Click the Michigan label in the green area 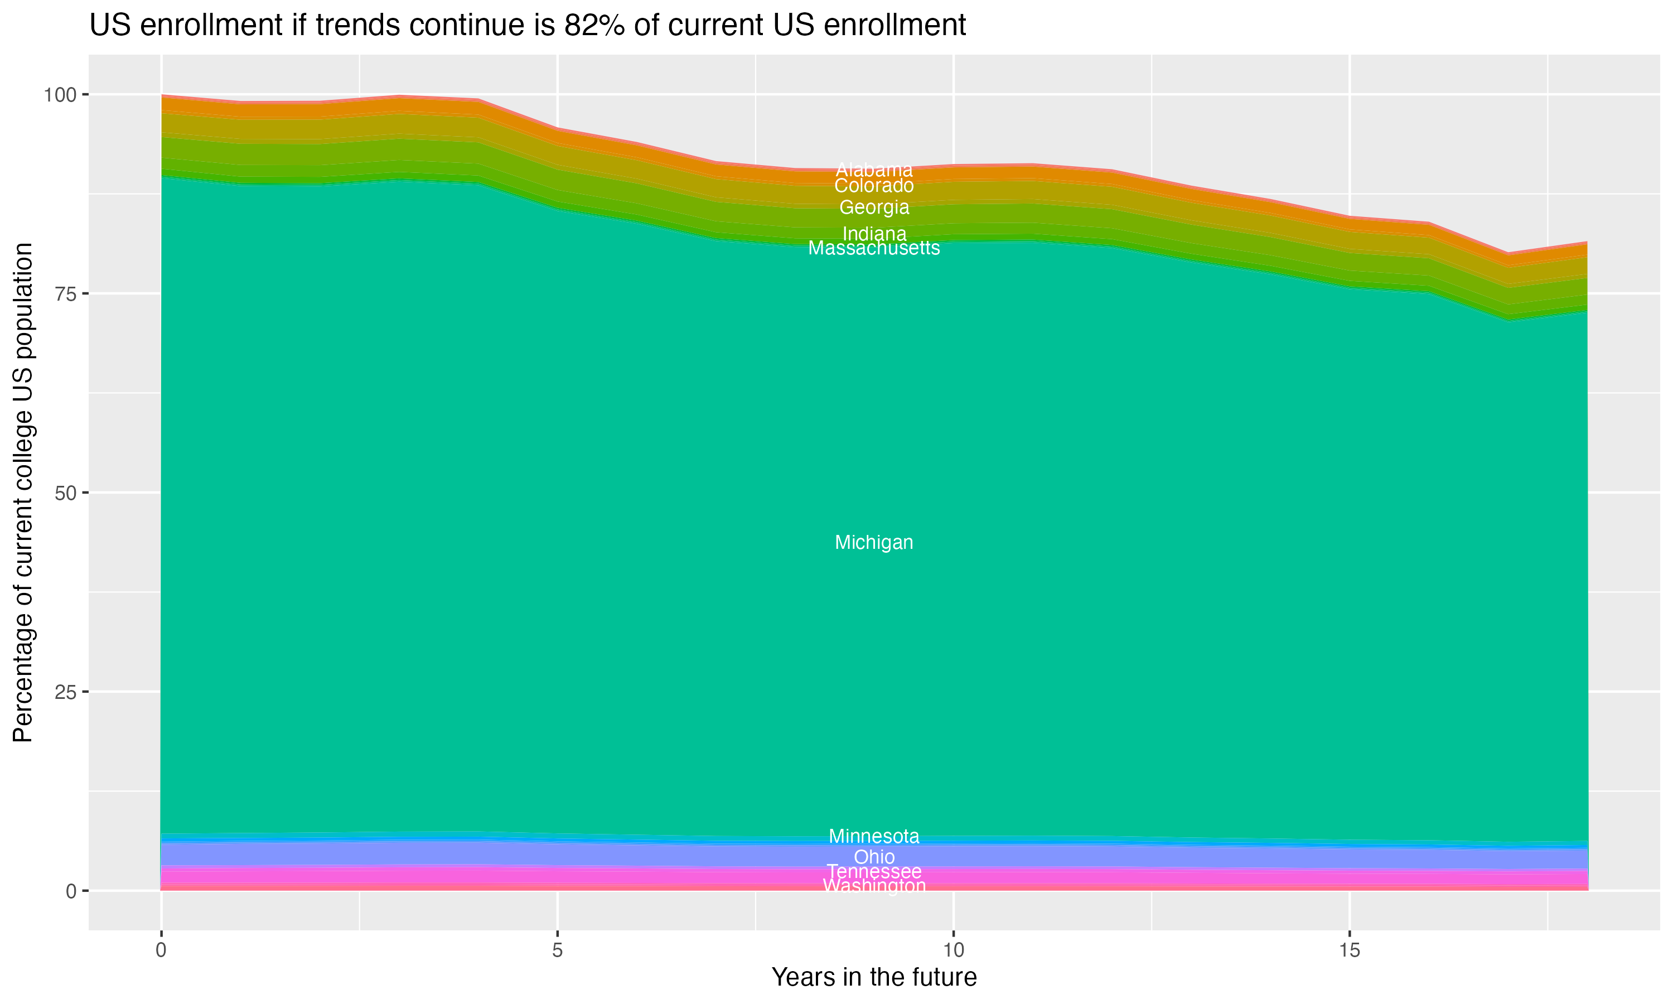click(874, 543)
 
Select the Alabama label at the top click(874, 170)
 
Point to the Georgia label click(874, 207)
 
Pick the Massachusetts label click(874, 248)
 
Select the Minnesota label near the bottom click(874, 836)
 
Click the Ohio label click(874, 857)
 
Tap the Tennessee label click(874, 871)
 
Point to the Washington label click(874, 886)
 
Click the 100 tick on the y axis click(60, 95)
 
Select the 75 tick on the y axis click(66, 293)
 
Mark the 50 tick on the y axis click(66, 493)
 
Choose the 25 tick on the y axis click(66, 692)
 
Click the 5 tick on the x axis click(557, 950)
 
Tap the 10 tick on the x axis click(953, 950)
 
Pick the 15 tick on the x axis click(1349, 950)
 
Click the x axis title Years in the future click(874, 978)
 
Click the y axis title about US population click(23, 493)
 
